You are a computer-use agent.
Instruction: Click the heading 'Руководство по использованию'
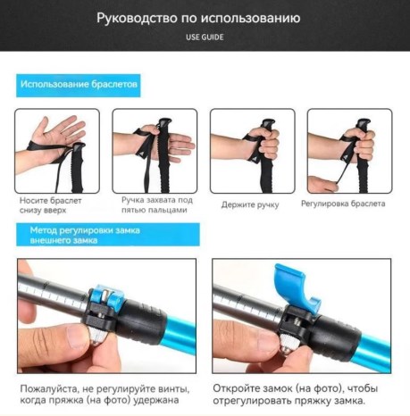click(x=205, y=18)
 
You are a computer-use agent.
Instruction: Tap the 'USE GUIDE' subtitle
click(x=205, y=37)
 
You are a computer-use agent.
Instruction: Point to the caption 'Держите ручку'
click(x=250, y=204)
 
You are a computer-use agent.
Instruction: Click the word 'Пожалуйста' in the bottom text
click(x=51, y=388)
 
